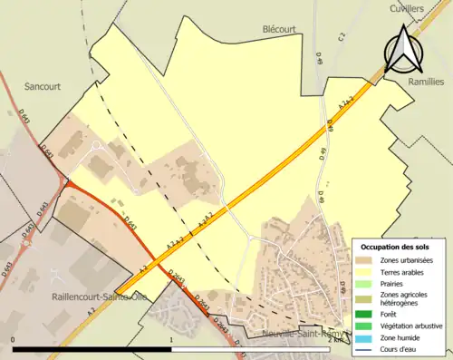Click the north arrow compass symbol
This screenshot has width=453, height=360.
click(401, 50)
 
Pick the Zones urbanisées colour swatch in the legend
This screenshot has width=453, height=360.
click(367, 259)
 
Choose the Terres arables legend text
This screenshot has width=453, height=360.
click(405, 271)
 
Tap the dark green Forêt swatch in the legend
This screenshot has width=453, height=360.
click(367, 316)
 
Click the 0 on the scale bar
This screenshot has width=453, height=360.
click(13, 340)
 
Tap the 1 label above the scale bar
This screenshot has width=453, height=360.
click(171, 340)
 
